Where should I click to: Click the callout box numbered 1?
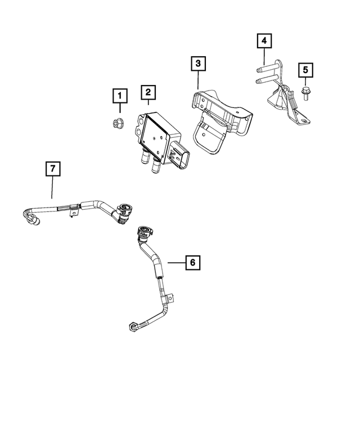click(x=119, y=96)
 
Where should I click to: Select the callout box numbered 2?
click(x=148, y=92)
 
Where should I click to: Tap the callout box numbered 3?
click(x=197, y=64)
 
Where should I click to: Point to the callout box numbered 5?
click(x=305, y=71)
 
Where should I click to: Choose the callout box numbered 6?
click(x=192, y=262)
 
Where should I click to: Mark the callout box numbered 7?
click(x=52, y=169)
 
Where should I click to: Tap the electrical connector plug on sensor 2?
click(x=182, y=154)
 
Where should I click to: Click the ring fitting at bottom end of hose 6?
click(x=133, y=325)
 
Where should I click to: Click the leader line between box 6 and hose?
click(x=174, y=262)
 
